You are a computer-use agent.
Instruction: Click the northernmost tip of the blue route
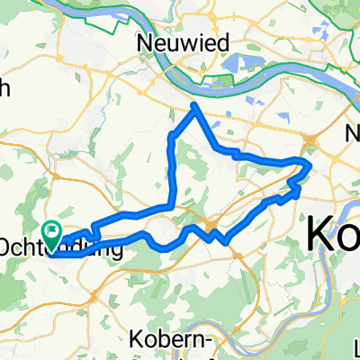[194, 106]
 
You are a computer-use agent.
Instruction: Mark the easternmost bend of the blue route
[310, 166]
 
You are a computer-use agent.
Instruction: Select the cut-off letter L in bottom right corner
[355, 346]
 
